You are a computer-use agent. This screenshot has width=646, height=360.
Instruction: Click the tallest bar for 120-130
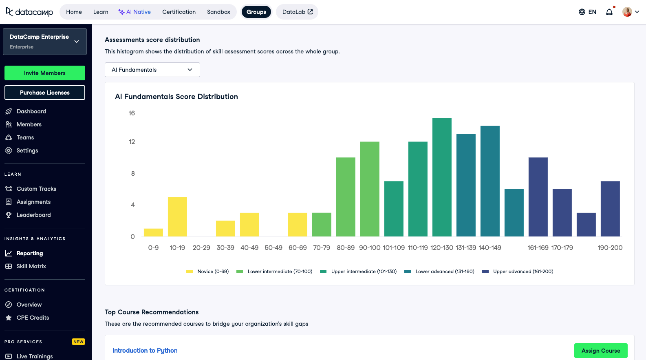pos(442,177)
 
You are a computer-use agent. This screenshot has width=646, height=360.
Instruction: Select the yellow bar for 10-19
pos(177,216)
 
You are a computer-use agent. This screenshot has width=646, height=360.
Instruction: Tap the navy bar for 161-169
pos(538,197)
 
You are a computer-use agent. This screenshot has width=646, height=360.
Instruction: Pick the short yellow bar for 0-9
pos(153,232)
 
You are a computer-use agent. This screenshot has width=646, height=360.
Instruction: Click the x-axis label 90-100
pos(370,247)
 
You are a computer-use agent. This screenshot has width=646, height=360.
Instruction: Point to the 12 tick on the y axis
pos(132,142)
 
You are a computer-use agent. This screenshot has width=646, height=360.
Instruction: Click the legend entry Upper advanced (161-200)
pos(518,272)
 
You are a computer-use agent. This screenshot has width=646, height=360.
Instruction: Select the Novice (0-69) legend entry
pos(207,272)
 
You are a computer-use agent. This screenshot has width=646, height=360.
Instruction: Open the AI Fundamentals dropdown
pos(152,70)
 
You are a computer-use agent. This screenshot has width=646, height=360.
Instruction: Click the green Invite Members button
pos(45,73)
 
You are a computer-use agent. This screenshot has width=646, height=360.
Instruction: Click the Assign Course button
pos(600,351)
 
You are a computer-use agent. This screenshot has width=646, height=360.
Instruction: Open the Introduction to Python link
pos(145,351)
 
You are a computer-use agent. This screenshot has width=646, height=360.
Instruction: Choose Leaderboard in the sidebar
pos(33,215)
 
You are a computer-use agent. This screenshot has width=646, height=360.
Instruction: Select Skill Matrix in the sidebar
pos(31,266)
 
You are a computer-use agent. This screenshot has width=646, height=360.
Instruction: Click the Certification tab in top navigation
pos(179,12)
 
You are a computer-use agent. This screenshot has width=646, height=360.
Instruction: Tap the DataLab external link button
pos(297,12)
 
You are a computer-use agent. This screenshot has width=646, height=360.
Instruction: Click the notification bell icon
pos(609,12)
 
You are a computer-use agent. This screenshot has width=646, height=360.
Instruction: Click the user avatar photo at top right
pos(627,12)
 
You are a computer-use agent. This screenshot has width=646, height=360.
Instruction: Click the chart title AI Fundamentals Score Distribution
pos(176,97)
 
